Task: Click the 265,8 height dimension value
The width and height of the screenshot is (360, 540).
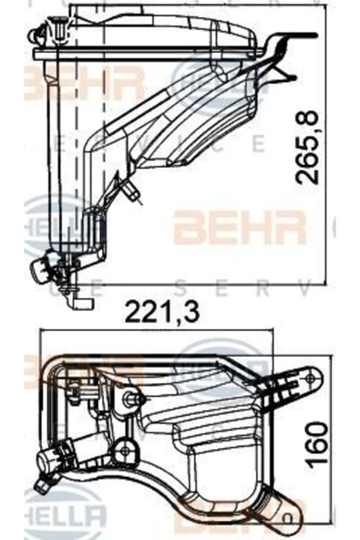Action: point(313,147)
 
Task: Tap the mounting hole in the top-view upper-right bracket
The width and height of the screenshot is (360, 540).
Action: point(310,374)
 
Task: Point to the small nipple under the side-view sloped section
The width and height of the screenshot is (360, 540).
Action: point(135,192)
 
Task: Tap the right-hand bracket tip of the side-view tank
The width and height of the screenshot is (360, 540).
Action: point(290,38)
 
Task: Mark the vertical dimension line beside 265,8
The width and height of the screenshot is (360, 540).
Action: point(326,146)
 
